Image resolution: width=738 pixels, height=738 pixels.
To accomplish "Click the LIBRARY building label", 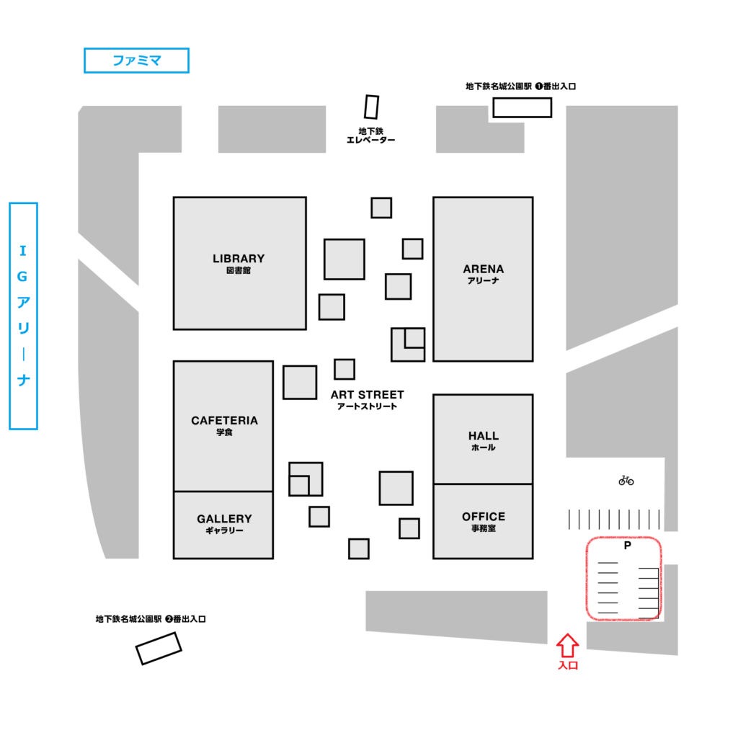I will click(239, 259).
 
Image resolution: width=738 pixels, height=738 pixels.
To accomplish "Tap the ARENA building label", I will click(483, 270).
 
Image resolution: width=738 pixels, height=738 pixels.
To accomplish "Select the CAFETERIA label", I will click(224, 421).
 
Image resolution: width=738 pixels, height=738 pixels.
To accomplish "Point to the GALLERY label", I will click(224, 519).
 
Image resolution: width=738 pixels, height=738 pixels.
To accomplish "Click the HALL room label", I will click(483, 436).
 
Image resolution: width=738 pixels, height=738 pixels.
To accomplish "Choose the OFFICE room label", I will click(483, 517).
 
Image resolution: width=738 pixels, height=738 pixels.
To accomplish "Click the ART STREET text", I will click(367, 395).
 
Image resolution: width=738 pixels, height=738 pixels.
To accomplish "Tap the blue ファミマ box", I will click(136, 61).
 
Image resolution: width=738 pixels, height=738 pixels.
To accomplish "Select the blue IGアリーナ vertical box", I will click(23, 316).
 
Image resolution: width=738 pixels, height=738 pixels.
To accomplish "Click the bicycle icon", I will click(626, 480).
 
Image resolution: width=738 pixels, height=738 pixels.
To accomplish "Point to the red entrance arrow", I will click(568, 644).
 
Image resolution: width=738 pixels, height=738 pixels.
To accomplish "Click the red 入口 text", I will click(568, 665).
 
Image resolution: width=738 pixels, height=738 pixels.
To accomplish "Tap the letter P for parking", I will click(627, 546).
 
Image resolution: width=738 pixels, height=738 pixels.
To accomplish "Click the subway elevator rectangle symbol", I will click(371, 107).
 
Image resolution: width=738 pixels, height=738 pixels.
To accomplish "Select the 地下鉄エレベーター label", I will click(371, 135).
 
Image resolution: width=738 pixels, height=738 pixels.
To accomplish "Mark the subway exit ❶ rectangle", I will click(522, 107).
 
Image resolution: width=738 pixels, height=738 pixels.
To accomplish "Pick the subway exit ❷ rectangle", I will click(159, 648).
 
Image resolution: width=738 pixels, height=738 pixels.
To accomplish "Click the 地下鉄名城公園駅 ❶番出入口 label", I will click(520, 86).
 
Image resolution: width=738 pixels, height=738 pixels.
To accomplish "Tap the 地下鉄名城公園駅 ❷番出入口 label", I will click(151, 619).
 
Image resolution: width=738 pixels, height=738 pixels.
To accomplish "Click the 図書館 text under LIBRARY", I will click(238, 271).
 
